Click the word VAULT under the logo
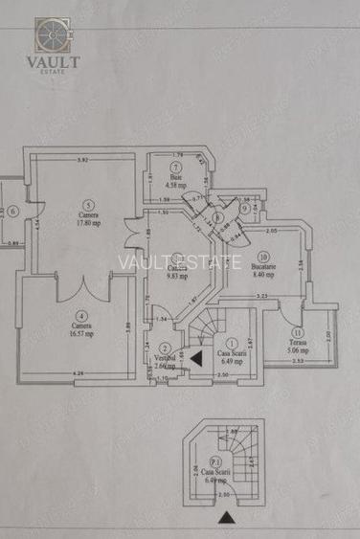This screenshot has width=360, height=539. [53, 60]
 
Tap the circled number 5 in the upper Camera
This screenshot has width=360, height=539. [88, 204]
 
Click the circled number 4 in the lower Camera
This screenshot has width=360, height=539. [82, 315]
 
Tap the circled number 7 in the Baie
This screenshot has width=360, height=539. [176, 167]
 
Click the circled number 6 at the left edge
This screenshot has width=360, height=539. [14, 212]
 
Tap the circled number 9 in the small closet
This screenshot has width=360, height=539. [245, 208]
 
